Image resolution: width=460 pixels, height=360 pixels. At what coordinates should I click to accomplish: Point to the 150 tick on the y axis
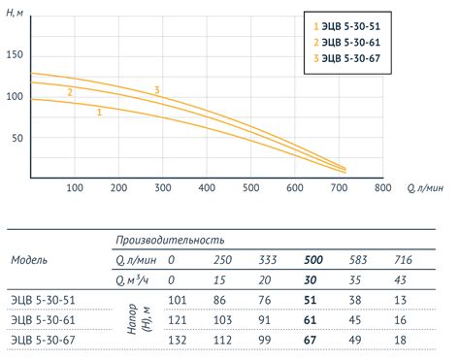[x=14, y=54]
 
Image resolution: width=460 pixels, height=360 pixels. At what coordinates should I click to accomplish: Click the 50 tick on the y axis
[x=16, y=138]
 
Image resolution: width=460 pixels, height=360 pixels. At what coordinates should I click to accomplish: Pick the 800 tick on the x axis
[x=382, y=187]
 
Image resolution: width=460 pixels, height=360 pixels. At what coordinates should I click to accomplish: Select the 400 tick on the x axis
[x=207, y=187]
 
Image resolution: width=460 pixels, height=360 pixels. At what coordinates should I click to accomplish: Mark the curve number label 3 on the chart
[x=156, y=91]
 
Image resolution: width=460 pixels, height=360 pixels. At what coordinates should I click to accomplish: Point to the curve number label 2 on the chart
[x=70, y=93]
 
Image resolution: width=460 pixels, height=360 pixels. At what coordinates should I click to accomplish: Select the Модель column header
[x=29, y=260]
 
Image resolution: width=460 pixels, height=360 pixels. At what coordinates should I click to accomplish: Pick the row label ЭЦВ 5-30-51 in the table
[x=43, y=301]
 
